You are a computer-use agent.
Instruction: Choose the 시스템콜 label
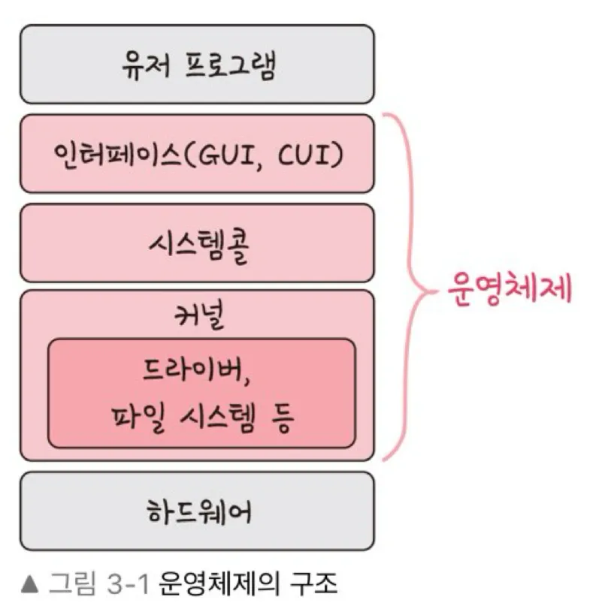196,244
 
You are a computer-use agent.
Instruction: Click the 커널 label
196,318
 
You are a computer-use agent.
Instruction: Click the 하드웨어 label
196,511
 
